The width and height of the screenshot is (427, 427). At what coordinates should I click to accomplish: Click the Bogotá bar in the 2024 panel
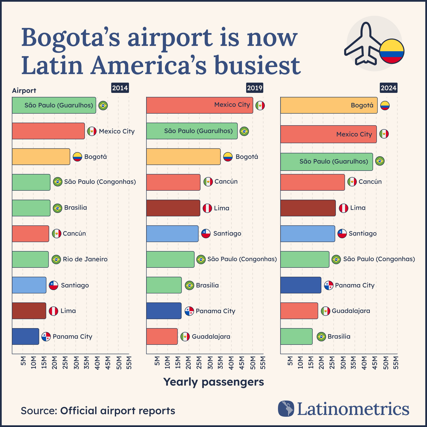click(329, 105)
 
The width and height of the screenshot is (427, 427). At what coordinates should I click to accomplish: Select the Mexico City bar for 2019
click(199, 105)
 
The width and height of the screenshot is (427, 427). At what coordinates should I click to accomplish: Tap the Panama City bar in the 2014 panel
click(25, 336)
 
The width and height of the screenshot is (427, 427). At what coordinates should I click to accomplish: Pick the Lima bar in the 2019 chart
click(173, 208)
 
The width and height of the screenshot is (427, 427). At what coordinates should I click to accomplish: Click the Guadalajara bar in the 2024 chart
click(299, 311)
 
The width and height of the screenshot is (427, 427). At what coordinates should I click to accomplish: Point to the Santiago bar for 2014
click(29, 285)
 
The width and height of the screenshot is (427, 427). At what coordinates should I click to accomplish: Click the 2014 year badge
click(120, 88)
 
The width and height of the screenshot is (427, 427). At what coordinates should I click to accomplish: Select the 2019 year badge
click(254, 88)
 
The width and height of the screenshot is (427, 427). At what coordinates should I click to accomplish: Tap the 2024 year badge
click(388, 88)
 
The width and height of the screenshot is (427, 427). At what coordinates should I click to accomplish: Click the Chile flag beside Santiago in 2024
click(342, 233)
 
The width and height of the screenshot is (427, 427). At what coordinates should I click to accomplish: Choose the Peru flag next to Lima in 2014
click(54, 311)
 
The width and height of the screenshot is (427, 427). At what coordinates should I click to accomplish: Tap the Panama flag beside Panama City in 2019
click(189, 311)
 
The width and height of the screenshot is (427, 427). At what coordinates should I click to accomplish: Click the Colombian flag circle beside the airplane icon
click(392, 51)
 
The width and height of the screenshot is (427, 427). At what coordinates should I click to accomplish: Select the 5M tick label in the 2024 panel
click(290, 361)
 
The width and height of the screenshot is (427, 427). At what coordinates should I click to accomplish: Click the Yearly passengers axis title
click(213, 382)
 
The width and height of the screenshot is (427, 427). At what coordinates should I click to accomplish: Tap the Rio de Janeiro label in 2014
click(85, 259)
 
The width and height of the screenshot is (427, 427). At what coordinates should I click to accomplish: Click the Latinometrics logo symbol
click(286, 408)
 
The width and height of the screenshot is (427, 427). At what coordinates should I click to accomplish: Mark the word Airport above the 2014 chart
click(24, 91)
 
